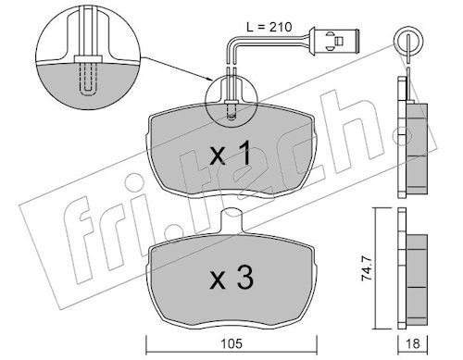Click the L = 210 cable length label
point(269,27)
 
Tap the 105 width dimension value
point(231,343)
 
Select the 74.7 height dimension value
point(366,269)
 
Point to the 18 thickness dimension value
point(413,343)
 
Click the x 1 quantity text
point(231,155)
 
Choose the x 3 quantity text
point(231,279)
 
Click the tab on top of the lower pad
point(231,219)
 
